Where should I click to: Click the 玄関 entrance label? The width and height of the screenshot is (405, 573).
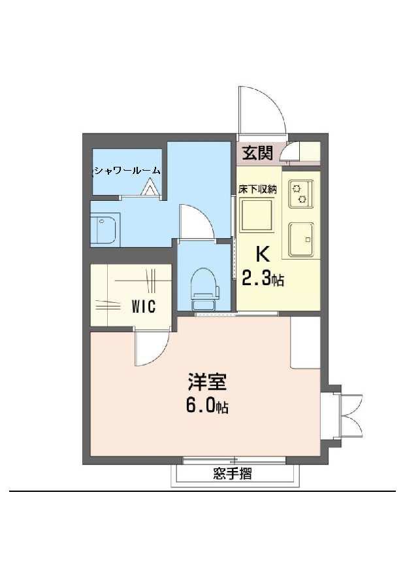258,152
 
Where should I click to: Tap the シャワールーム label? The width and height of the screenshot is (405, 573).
127,171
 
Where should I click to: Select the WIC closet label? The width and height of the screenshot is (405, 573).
144,306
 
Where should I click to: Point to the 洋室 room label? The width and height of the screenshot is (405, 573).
207,382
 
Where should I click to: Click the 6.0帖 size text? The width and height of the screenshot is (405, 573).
207,406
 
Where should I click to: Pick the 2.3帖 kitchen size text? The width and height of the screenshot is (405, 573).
263,279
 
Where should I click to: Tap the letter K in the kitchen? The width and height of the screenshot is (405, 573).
263,254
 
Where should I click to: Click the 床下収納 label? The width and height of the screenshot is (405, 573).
257,189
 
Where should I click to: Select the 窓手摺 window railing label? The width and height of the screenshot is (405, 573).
233,474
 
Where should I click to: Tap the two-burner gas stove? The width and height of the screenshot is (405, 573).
301,194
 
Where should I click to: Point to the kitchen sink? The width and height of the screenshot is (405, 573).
301,239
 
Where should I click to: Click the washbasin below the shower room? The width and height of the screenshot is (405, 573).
104,231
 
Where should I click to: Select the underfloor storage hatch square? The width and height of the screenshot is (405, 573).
257,215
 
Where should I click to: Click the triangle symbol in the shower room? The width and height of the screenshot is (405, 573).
149,187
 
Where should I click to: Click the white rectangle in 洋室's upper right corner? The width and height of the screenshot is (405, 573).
306,342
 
